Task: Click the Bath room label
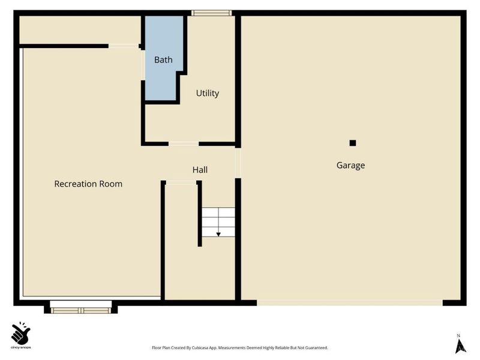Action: (163, 59)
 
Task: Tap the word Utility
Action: (208, 93)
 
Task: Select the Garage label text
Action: (350, 166)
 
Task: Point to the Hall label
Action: (200, 170)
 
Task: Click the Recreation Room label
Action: (88, 184)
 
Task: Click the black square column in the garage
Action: (353, 143)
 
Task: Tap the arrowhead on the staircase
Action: (218, 235)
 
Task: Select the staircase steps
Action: (218, 222)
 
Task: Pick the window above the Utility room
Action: (212, 13)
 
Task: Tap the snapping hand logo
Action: (20, 333)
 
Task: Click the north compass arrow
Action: (461, 346)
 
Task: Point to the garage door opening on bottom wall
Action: (350, 303)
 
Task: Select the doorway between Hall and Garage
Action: (238, 163)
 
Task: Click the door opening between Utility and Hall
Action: (184, 143)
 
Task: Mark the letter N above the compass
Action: (458, 336)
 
